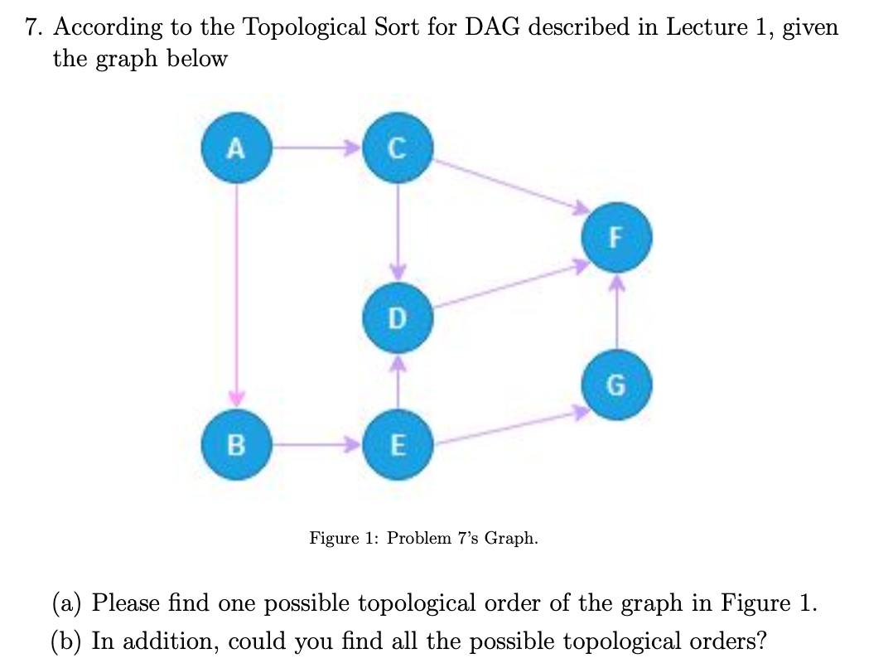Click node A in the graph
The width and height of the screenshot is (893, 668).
(x=236, y=149)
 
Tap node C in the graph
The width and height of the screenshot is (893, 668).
(x=398, y=149)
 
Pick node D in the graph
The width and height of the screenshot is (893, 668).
(x=398, y=317)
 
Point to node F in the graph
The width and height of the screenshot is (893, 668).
(x=615, y=238)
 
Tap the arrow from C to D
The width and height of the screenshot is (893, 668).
(x=398, y=232)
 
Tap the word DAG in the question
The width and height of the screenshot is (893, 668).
(x=493, y=27)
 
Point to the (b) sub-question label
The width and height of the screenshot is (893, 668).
(x=67, y=641)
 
